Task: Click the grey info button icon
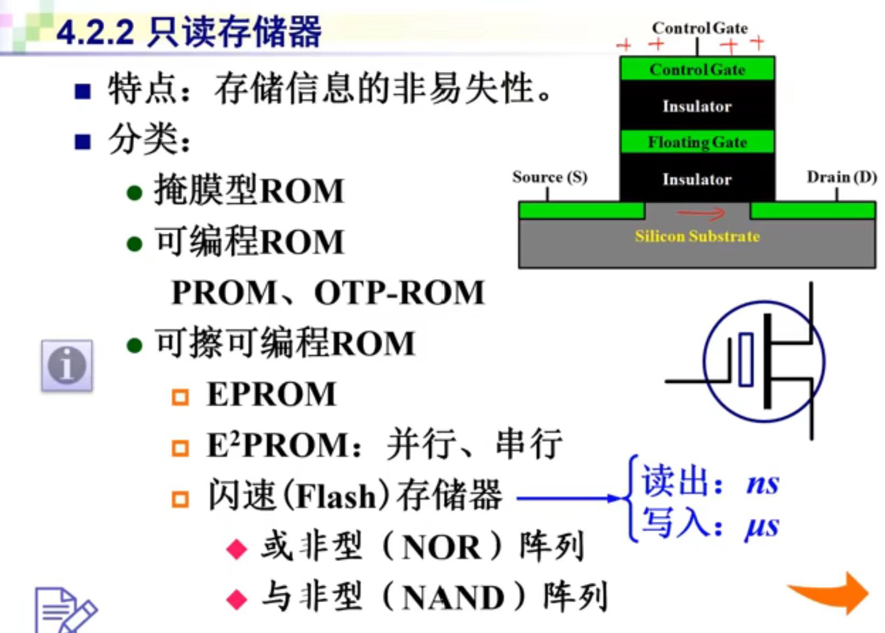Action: pyautogui.click(x=67, y=365)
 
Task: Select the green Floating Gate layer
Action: pyautogui.click(x=697, y=142)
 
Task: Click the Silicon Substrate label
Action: pyautogui.click(x=697, y=236)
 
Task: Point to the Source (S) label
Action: pyautogui.click(x=550, y=177)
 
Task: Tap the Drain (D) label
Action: pyautogui.click(x=841, y=177)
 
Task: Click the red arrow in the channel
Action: pyautogui.click(x=700, y=213)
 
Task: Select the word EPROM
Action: pyautogui.click(x=272, y=394)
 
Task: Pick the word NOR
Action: pyautogui.click(x=441, y=548)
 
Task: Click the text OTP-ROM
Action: pyautogui.click(x=399, y=292)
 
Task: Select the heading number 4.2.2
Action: pyautogui.click(x=95, y=32)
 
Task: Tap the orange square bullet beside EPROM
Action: pyautogui.click(x=180, y=397)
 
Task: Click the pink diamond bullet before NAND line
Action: pyautogui.click(x=237, y=599)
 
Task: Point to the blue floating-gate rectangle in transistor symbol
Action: pyautogui.click(x=746, y=359)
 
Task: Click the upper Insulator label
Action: pyautogui.click(x=697, y=106)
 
